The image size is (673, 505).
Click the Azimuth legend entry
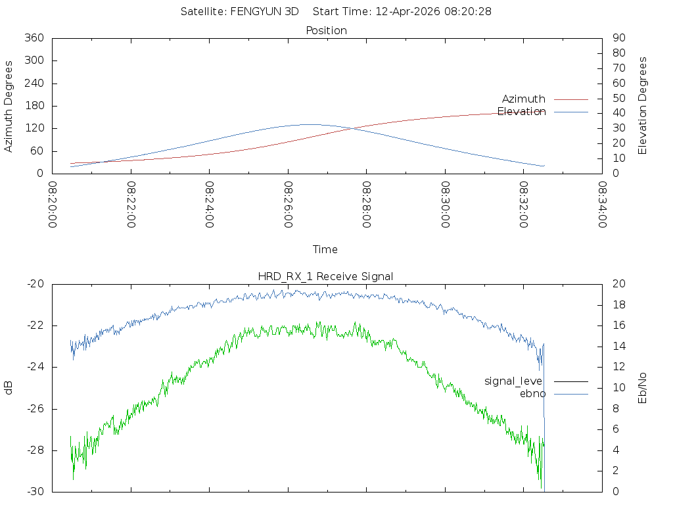[x=524, y=99]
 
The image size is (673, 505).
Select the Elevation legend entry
[x=522, y=112]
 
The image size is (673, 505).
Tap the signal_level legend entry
[x=513, y=381]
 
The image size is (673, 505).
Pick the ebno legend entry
[x=533, y=394]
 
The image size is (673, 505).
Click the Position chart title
[x=327, y=30]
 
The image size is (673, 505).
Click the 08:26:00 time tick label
[x=288, y=204]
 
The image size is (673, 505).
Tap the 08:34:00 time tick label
[x=602, y=204]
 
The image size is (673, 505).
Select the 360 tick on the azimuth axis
[x=34, y=38]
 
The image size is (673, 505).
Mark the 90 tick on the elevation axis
[x=618, y=38]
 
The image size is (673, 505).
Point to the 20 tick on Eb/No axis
[x=618, y=284]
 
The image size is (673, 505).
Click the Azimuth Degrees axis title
[x=9, y=107]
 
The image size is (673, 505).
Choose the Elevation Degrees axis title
[x=643, y=106]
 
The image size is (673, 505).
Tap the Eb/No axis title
[x=643, y=388]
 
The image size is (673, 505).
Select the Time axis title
[x=325, y=250]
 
